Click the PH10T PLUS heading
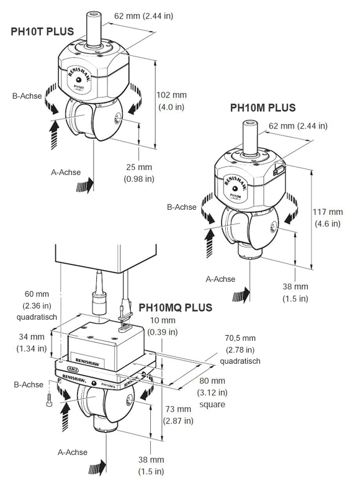click(42, 32)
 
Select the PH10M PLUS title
click(263, 107)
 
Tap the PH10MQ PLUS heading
click(176, 307)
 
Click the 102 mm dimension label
click(171, 95)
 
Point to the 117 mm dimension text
click(328, 212)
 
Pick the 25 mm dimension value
click(139, 167)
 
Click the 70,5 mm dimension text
click(240, 338)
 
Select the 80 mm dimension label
click(212, 381)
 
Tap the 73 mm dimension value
click(178, 409)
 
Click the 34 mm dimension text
click(32, 336)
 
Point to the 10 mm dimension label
click(163, 320)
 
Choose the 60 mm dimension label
click(37, 294)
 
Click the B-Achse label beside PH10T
click(27, 96)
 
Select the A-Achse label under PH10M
click(220, 279)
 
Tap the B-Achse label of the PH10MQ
click(29, 385)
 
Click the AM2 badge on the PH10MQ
click(73, 369)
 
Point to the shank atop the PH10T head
click(94, 29)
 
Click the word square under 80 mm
click(212, 404)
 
